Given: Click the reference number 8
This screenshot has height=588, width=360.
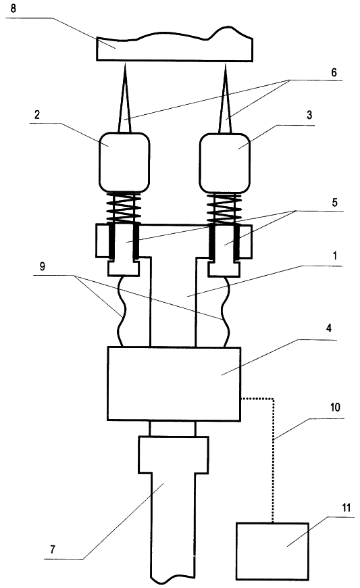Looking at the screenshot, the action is [x=13, y=8].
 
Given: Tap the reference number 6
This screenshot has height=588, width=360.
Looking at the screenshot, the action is [x=334, y=72].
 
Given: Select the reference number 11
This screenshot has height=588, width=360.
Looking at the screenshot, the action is [x=346, y=508].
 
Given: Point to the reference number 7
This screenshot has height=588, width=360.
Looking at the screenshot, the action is [x=53, y=549].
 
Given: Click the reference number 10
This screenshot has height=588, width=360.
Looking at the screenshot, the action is [x=335, y=407].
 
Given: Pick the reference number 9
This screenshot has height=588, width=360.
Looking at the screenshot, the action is [x=43, y=266].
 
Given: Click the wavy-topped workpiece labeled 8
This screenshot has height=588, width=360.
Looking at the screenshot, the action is [x=174, y=45].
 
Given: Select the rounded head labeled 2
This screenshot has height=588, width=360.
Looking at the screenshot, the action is [x=124, y=162].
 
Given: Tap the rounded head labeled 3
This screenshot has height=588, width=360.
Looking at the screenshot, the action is [x=225, y=162].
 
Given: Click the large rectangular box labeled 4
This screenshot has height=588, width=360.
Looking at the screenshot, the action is [x=174, y=383].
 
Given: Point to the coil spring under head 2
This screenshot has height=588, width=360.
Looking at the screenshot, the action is [x=124, y=207].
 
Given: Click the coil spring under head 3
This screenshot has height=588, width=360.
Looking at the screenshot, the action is [x=225, y=207].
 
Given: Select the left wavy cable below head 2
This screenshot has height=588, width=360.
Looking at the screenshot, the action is [x=122, y=312].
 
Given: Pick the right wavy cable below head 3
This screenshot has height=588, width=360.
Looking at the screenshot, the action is [x=226, y=312].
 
